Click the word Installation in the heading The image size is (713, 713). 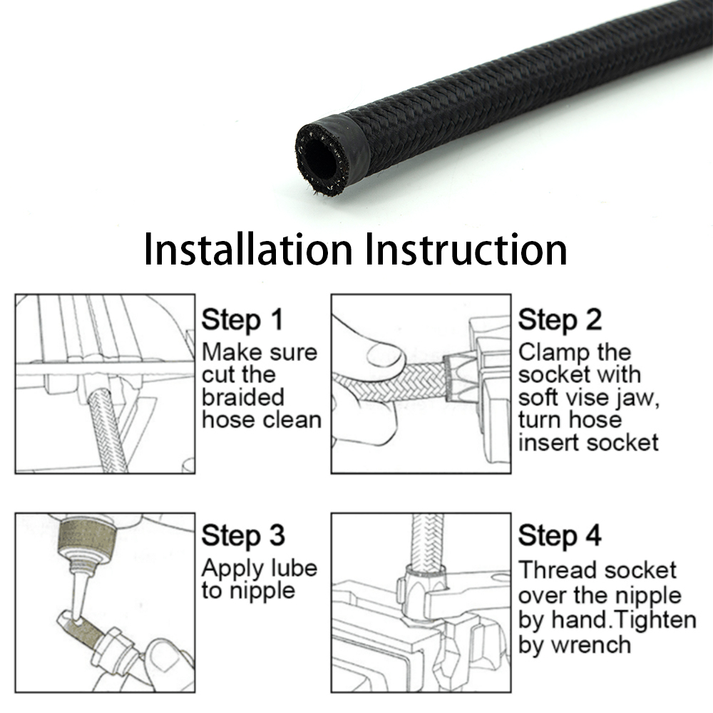(248, 249)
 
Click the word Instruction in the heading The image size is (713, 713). (466, 249)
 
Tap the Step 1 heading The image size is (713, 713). (242, 319)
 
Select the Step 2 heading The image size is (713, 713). (560, 319)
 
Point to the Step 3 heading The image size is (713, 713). (243, 536)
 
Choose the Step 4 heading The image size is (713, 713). (560, 536)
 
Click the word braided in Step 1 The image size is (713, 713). (243, 397)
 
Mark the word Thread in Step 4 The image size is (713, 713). (553, 570)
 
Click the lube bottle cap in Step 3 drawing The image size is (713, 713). (87, 538)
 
